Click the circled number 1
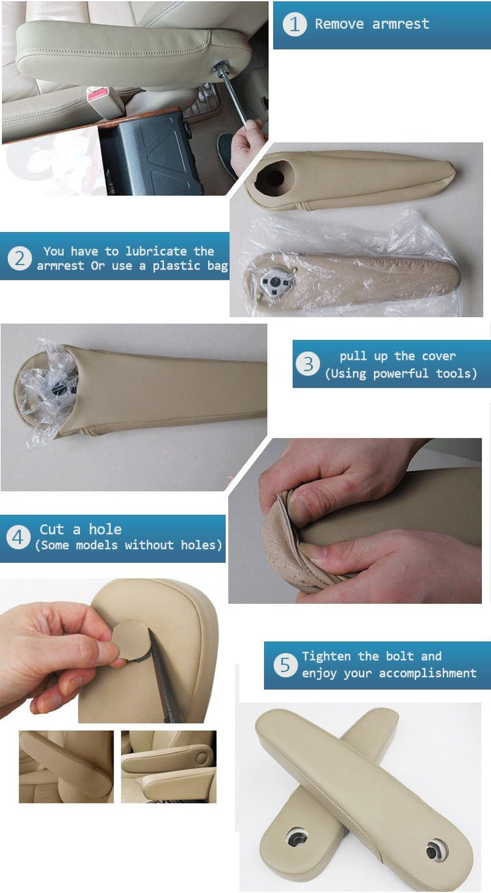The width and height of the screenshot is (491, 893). (x=295, y=25)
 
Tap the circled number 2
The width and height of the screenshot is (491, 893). (x=20, y=259)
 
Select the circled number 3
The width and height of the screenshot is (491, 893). (x=307, y=363)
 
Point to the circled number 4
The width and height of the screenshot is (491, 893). (x=18, y=538)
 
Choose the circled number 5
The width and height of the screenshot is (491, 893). (x=285, y=665)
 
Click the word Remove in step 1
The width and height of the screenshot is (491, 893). (x=339, y=24)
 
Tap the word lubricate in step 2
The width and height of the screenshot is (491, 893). (x=156, y=251)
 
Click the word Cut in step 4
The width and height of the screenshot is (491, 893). (x=52, y=530)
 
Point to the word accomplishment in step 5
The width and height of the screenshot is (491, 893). (x=428, y=673)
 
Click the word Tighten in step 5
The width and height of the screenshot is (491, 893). (x=327, y=656)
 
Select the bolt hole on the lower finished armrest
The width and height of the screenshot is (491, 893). (x=297, y=837)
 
